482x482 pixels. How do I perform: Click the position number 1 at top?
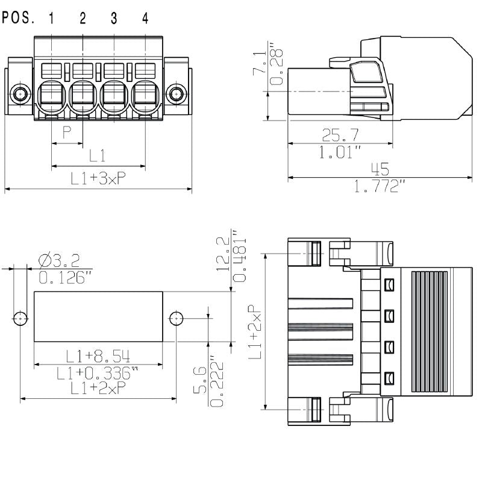(x=52, y=18)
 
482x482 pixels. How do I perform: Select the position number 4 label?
(x=145, y=18)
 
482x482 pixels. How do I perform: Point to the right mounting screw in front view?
(x=176, y=93)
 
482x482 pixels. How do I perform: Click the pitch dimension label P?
(x=67, y=133)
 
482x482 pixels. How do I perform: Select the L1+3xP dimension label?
(x=98, y=178)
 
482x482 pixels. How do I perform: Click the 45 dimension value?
(x=380, y=168)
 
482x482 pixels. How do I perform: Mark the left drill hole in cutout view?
(x=21, y=318)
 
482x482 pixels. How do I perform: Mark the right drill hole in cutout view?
(x=176, y=318)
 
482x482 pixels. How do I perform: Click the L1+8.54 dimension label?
(x=98, y=355)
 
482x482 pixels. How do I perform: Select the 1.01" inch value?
(x=340, y=152)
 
